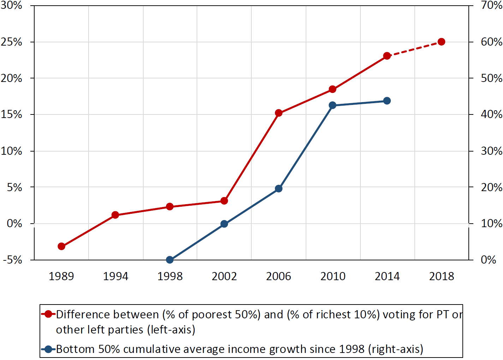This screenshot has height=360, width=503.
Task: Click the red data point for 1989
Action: tap(61, 246)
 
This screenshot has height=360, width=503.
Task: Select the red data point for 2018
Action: tap(441, 42)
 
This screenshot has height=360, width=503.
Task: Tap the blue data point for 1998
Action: tap(170, 260)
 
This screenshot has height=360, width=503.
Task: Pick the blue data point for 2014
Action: tap(387, 101)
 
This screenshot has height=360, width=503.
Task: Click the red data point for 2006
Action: tap(279, 113)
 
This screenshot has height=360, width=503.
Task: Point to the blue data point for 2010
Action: tap(333, 105)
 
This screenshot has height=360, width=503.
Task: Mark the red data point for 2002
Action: tap(224, 201)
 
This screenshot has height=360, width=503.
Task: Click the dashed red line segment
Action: tap(414, 49)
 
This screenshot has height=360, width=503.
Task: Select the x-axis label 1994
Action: tap(115, 276)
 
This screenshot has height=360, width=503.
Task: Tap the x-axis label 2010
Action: tap(333, 276)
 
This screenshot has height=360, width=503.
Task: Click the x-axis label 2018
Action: tap(441, 276)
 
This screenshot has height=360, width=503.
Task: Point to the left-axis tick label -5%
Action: tap(13, 260)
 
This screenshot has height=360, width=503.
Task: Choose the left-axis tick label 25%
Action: tap(12, 42)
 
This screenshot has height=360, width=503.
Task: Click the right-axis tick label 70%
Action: tap(491, 5)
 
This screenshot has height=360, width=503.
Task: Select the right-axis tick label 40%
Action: tap(491, 114)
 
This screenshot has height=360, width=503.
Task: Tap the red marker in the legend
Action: tap(49, 314)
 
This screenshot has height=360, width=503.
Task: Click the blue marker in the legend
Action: tap(49, 349)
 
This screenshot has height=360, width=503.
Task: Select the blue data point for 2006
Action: tap(279, 189)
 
